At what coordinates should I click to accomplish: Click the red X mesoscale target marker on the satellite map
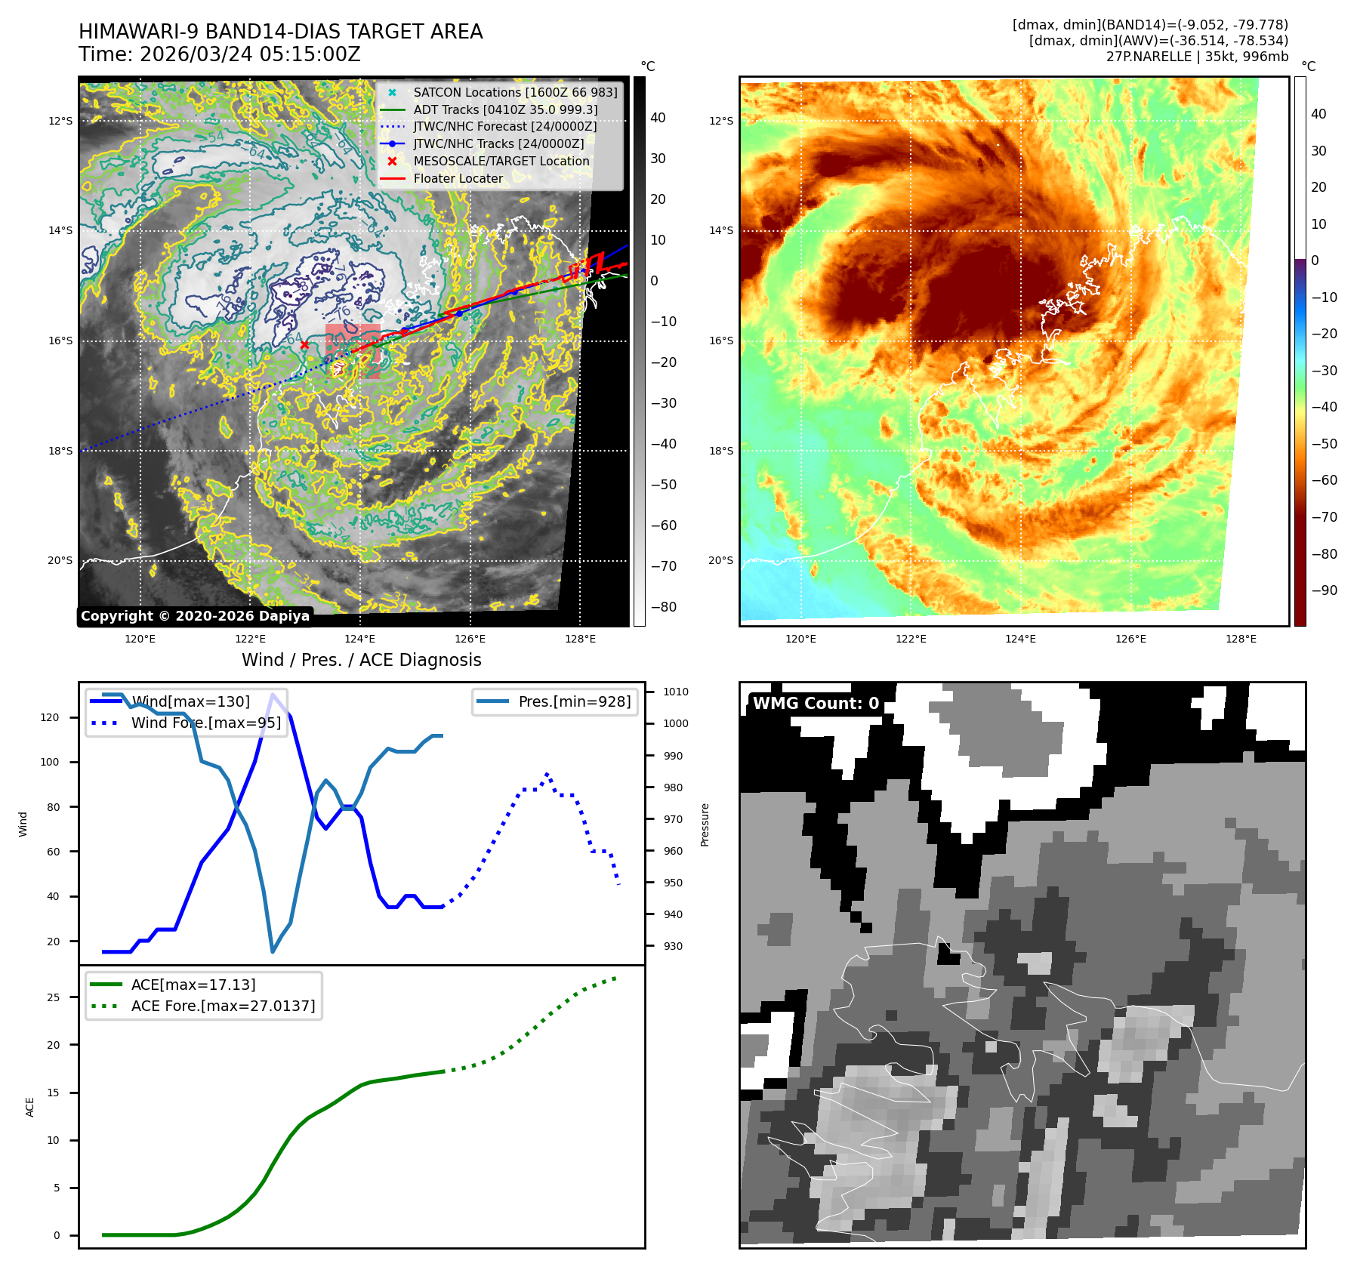point(304,345)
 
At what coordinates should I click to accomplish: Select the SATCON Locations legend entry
point(515,92)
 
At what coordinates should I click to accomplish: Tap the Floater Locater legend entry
point(458,179)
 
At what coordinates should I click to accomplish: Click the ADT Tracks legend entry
point(505,109)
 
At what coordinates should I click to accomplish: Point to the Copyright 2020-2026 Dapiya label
point(195,616)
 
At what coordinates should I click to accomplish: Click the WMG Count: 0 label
point(816,704)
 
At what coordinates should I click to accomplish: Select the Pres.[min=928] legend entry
point(574,701)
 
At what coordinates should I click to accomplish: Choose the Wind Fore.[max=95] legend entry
point(205,723)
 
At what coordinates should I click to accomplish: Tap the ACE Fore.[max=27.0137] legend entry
point(223,1006)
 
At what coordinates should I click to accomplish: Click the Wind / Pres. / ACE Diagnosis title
point(361,660)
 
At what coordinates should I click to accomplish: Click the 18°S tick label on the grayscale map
point(61,452)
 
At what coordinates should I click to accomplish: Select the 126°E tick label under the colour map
point(1130,640)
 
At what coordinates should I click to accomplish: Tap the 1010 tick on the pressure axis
point(676,692)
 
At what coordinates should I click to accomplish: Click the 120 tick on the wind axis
point(50,717)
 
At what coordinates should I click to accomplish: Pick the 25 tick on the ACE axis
point(53,997)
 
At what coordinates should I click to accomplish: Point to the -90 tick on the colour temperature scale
point(1324,590)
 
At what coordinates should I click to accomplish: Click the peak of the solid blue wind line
point(273,694)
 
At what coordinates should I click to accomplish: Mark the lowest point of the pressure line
point(273,951)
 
